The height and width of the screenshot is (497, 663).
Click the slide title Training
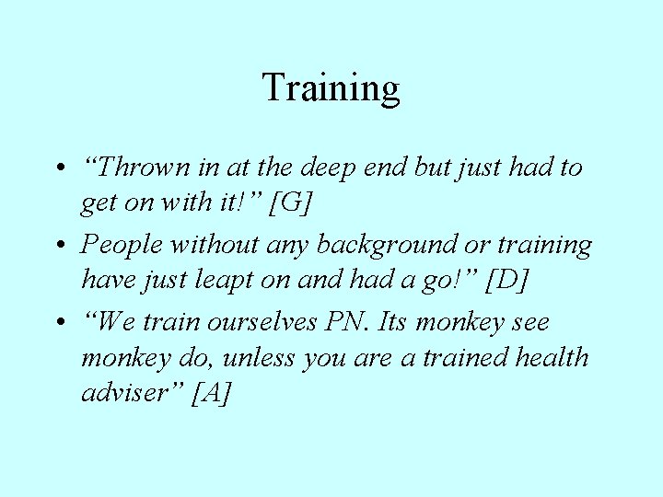pos(331,88)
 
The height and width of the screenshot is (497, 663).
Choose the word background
pos(391,245)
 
